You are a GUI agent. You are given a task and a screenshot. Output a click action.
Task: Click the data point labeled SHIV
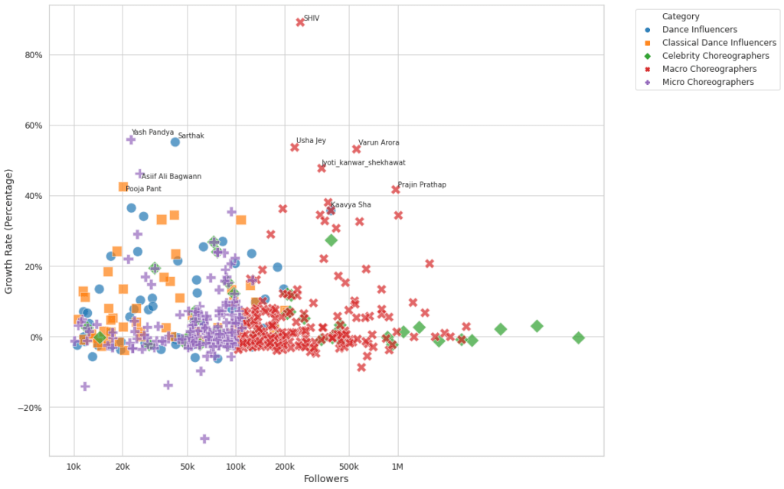pos(300,22)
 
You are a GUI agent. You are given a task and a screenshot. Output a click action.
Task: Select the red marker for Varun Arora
pos(356,148)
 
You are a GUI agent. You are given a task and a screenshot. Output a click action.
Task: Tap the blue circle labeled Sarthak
pos(175,142)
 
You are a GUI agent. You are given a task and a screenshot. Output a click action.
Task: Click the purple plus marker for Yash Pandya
pos(131,139)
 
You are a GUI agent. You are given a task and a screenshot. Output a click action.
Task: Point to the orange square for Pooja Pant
pos(123,187)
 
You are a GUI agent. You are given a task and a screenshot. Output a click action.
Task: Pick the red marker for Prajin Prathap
pos(396,189)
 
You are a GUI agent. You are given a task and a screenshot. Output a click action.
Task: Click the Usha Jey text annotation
pos(311,141)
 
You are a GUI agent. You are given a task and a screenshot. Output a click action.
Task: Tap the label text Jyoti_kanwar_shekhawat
pos(363,163)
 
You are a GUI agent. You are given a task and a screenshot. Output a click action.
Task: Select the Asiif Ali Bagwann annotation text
pos(171,177)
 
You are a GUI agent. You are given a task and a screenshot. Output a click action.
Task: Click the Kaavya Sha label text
pos(351,205)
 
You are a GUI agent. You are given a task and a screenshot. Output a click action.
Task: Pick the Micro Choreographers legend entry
pos(707,82)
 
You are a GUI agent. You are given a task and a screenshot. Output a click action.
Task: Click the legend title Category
pos(681,16)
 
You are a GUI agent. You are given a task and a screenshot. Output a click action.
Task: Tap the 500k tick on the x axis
pos(348,467)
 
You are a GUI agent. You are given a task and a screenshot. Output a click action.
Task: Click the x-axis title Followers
pos(326,479)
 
